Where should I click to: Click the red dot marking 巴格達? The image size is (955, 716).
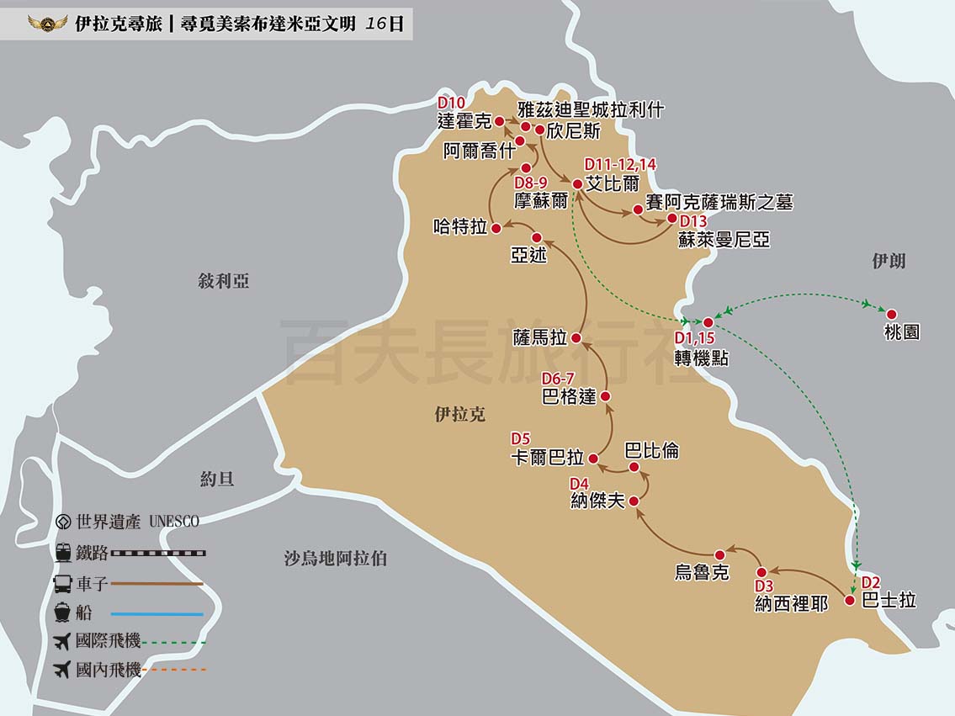605,395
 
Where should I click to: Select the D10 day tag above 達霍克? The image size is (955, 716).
451,103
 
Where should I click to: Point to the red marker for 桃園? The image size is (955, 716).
892,314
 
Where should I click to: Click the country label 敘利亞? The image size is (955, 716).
224,281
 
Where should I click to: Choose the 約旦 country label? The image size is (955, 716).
217,480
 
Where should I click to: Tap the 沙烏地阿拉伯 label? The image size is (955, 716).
335,557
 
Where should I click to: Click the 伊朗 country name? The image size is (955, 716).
889,261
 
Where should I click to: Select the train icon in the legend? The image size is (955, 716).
62,553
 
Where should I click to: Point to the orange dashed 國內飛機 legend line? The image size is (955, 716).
173,671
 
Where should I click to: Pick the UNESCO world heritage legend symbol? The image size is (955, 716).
62,522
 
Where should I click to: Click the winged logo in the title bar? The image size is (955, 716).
47,24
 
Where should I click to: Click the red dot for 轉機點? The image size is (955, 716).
708,322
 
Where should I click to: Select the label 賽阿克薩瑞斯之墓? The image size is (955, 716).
719,202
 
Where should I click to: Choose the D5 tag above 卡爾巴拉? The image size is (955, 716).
521,438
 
